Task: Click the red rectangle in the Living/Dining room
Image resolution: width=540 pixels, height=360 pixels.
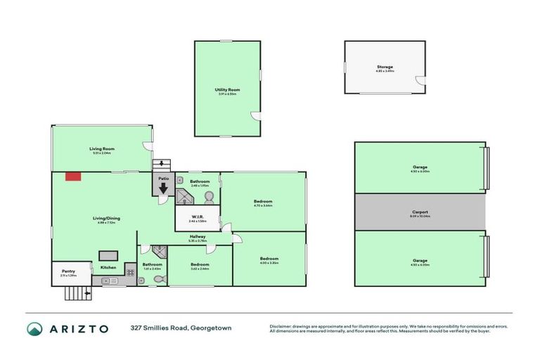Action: (72, 176)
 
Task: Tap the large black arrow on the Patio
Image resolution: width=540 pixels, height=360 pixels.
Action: (163, 189)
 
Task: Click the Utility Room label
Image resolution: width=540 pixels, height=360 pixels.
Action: (227, 90)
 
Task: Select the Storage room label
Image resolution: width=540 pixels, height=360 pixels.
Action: (385, 67)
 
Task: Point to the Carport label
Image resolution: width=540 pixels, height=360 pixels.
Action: (420, 212)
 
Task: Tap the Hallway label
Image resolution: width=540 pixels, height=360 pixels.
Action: (197, 237)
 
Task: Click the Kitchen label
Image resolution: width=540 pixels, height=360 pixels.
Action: (108, 267)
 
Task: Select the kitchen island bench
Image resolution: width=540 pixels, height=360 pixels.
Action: (108, 255)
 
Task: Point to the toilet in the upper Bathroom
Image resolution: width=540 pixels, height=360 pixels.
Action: (208, 198)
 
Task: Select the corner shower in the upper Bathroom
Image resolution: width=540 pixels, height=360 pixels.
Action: (184, 198)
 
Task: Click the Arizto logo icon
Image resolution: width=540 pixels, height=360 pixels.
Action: (34, 328)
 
